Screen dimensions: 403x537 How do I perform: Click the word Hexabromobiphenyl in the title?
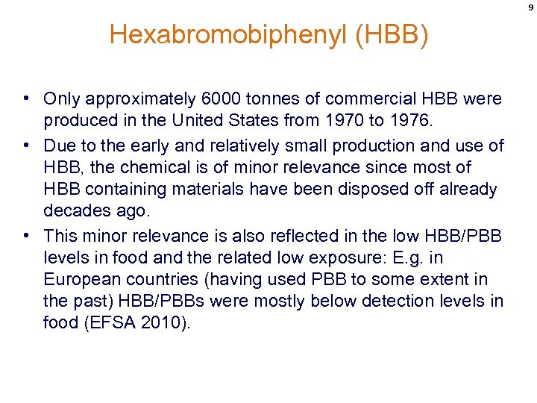click(x=228, y=35)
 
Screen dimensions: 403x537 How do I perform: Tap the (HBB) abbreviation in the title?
click(x=392, y=35)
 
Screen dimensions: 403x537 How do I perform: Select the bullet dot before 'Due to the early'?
click(x=26, y=145)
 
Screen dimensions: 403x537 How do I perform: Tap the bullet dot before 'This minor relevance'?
click(x=26, y=235)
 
